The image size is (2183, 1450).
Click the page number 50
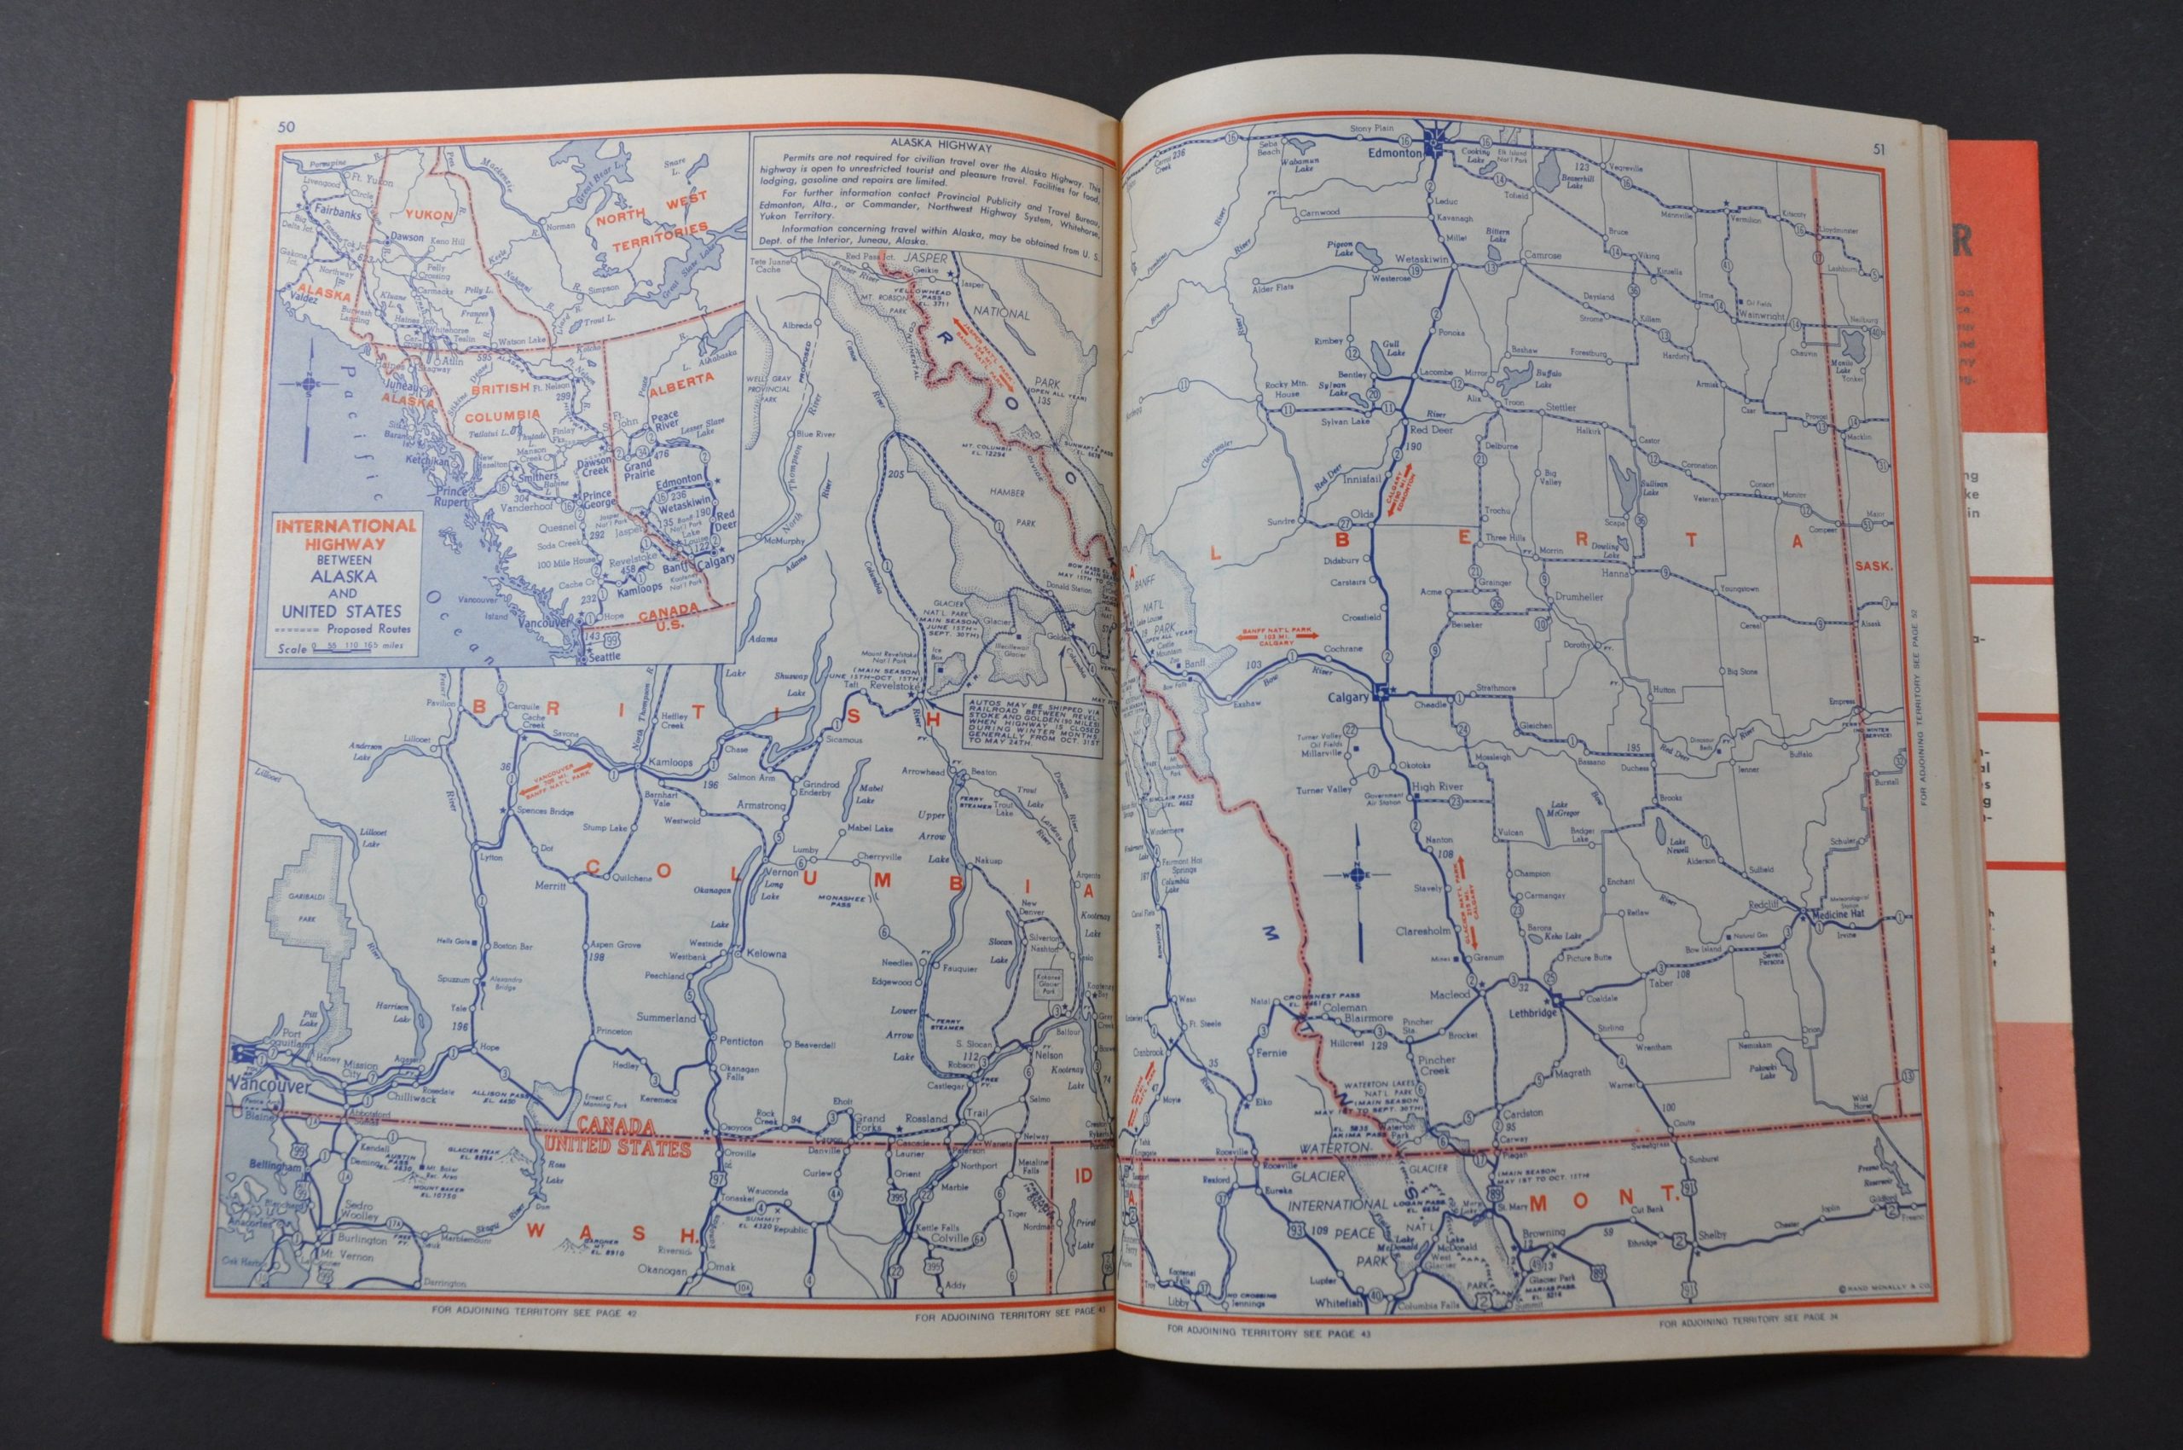tap(285, 127)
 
